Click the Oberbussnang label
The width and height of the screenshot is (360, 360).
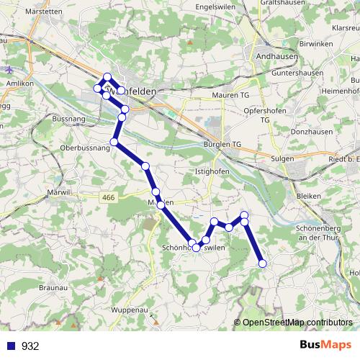tap(85, 148)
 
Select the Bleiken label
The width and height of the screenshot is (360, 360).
tap(307, 195)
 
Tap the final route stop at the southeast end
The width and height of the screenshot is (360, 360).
tap(262, 264)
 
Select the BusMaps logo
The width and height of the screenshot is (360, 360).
tap(326, 346)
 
